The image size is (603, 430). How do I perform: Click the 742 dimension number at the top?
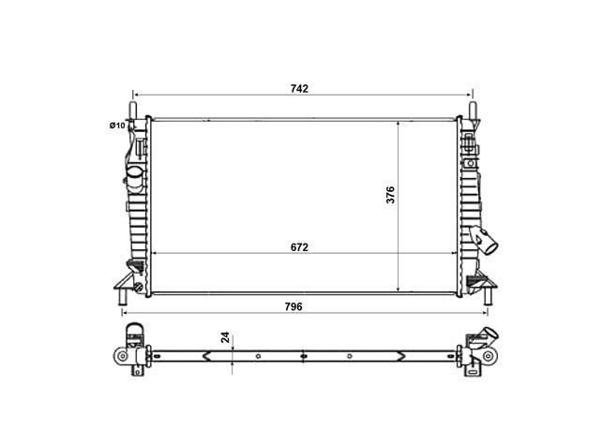pyautogui.click(x=300, y=88)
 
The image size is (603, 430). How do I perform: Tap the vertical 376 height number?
pyautogui.click(x=391, y=195)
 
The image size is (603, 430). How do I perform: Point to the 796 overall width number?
pyautogui.click(x=300, y=305)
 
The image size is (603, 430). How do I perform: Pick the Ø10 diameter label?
pyautogui.click(x=116, y=126)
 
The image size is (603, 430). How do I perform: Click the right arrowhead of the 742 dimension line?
pyautogui.click(x=468, y=95)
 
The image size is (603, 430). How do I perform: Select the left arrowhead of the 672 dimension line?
pyautogui.click(x=155, y=255)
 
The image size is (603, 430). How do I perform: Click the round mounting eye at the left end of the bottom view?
pyautogui.click(x=122, y=357)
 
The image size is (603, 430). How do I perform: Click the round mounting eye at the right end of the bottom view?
pyautogui.click(x=489, y=357)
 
